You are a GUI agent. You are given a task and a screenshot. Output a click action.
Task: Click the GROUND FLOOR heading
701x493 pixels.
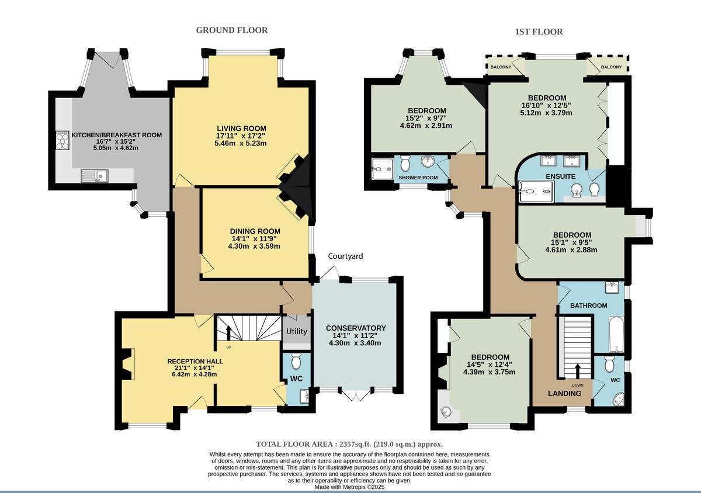[232, 30]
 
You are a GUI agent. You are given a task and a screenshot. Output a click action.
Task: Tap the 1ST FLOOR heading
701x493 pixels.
[539, 32]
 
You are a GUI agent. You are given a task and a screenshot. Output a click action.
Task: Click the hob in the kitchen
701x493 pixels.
[63, 141]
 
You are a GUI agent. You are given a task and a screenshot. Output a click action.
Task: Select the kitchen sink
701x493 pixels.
[95, 176]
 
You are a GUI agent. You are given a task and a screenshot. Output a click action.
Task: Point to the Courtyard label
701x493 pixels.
[345, 256]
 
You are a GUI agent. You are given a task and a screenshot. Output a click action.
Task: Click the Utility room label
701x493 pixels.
[297, 331]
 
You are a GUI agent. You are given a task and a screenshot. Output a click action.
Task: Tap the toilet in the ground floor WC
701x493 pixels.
[296, 361]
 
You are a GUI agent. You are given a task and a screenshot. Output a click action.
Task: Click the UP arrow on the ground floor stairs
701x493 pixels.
[228, 333]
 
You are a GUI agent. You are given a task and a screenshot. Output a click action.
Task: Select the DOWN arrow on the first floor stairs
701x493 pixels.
[578, 371]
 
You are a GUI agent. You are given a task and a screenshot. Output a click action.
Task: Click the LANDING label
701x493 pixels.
[564, 394]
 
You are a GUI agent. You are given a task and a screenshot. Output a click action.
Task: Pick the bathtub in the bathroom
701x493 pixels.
[616, 334]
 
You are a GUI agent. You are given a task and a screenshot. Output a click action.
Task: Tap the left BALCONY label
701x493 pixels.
[501, 67]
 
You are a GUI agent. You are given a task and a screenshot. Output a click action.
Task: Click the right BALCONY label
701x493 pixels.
[612, 67]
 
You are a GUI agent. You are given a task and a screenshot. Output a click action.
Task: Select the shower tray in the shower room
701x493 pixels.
[382, 169]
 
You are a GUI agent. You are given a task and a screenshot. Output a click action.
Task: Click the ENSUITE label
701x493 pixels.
[561, 176]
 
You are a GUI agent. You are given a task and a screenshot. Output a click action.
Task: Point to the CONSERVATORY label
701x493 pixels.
[356, 328]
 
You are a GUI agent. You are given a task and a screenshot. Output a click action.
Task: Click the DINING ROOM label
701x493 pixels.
[255, 231]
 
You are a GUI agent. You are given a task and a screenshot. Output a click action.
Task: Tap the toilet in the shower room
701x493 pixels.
[405, 163]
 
